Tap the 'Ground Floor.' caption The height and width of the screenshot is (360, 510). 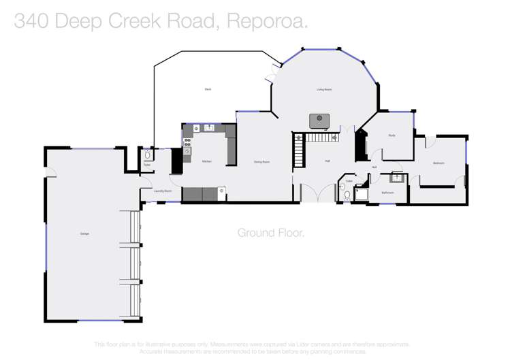(x=270, y=233)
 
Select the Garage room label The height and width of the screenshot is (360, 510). (x=84, y=233)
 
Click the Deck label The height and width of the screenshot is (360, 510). (x=208, y=89)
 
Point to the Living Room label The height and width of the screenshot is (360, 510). (x=323, y=89)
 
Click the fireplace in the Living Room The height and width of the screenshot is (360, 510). (x=319, y=120)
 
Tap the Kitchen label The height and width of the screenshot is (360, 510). (x=207, y=161)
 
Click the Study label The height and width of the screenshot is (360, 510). (x=392, y=135)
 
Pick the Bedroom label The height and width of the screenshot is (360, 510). (x=439, y=163)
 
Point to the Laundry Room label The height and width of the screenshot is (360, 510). (x=162, y=191)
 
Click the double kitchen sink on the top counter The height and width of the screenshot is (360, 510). (x=210, y=127)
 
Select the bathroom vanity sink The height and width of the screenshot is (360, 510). (x=396, y=178)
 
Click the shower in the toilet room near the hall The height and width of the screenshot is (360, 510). (x=362, y=194)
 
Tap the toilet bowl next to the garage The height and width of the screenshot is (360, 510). (x=147, y=156)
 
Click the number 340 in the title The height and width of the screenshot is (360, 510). (x=30, y=21)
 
